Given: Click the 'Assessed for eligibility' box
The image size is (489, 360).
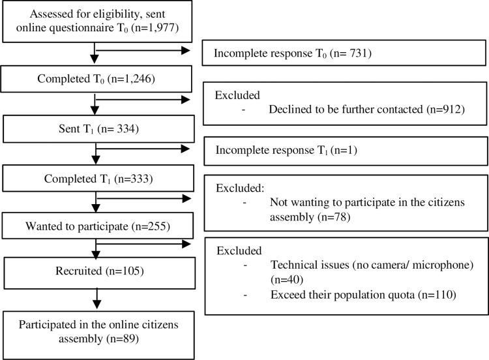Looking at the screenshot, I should coord(95,22).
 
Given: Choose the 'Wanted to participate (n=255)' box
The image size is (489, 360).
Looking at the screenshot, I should coord(95,228).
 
